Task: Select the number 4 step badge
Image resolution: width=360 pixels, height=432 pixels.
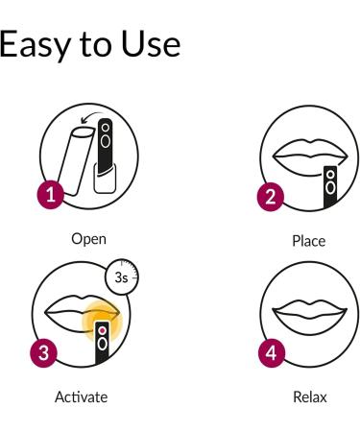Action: click(x=272, y=349)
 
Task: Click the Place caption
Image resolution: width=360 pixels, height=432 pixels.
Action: click(x=308, y=241)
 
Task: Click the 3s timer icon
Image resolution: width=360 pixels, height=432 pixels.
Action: click(x=122, y=276)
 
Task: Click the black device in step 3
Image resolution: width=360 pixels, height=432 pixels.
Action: click(x=104, y=346)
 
